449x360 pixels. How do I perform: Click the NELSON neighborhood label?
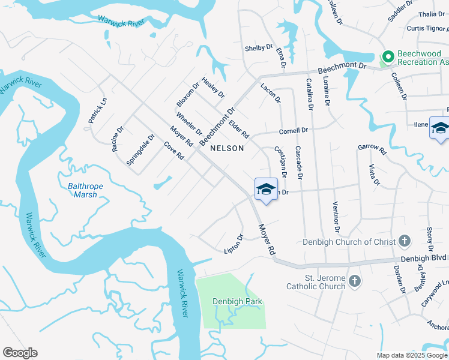click(227, 148)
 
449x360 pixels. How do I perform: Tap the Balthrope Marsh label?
click(85, 190)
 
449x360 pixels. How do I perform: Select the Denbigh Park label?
click(238, 301)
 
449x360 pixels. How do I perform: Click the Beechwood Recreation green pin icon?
click(388, 58)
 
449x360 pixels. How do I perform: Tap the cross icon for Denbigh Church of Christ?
click(405, 242)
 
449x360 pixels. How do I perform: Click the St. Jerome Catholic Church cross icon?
click(355, 281)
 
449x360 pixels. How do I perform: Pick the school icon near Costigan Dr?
click(266, 190)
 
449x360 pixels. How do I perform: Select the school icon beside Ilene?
click(439, 128)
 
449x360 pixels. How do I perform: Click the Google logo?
click(20, 353)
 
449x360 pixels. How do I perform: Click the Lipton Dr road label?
click(233, 243)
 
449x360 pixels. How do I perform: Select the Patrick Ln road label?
click(97, 111)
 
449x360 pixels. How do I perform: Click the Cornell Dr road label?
click(293, 130)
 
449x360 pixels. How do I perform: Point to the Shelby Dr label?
click(258, 48)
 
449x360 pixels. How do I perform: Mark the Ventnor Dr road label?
click(336, 217)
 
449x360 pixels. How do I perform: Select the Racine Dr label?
click(118, 139)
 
